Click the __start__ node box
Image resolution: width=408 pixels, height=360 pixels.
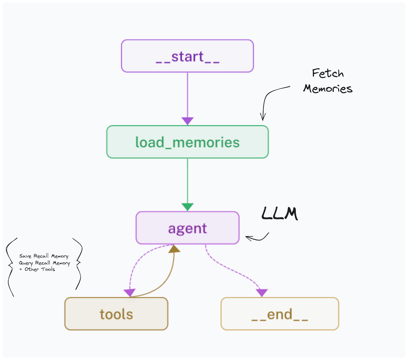[187, 56]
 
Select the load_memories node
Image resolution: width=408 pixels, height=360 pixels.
[187, 142]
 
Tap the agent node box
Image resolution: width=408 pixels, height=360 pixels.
[187, 228]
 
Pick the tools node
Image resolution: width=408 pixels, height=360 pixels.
[116, 314]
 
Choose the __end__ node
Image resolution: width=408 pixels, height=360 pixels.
[279, 314]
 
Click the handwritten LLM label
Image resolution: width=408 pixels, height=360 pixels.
[279, 214]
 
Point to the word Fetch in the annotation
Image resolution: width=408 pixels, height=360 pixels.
[328, 73]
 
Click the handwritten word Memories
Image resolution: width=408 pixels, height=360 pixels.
[328, 89]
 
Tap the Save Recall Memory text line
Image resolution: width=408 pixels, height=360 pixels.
[44, 256]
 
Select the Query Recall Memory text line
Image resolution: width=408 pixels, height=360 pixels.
[44, 263]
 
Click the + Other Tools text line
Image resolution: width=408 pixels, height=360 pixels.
[37, 269]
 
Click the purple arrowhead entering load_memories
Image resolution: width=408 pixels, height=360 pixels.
[187, 121]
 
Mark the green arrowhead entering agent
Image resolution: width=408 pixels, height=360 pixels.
[187, 207]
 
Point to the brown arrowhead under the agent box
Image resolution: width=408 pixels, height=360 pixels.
[174, 249]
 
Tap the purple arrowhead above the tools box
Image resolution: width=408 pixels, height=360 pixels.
[130, 293]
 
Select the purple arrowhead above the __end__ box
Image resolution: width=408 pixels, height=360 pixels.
[262, 293]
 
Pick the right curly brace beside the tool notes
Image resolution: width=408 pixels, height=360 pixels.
[78, 263]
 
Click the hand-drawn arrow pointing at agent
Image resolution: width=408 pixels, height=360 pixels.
[257, 238]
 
